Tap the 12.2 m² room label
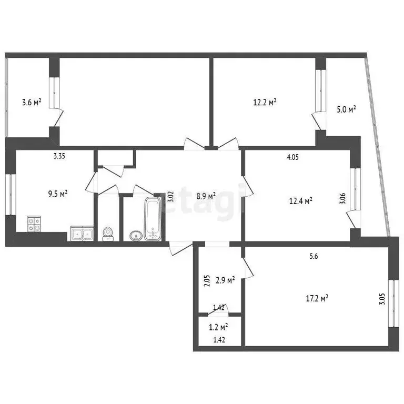pos(265,103)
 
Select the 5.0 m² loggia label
pos(346,109)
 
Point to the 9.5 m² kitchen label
pos(57,194)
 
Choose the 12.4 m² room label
pos(301,200)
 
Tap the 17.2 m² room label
pos(317,298)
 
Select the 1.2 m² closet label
pos(218,327)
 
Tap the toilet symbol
pos(108,233)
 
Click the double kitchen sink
pos(82,234)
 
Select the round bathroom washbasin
pos(135,235)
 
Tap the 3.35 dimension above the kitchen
pos(60,156)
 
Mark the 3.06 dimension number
pos(342,198)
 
